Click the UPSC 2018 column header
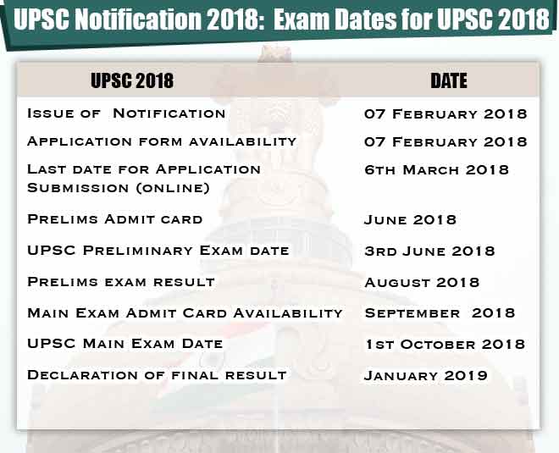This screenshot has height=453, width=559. click(131, 80)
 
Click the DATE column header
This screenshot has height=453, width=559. click(449, 80)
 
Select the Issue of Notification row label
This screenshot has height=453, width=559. click(126, 113)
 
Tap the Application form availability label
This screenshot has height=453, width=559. click(162, 141)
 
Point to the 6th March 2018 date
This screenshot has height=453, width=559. click(436, 169)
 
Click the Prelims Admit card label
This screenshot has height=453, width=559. click(115, 219)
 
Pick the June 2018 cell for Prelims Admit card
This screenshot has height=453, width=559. click(410, 220)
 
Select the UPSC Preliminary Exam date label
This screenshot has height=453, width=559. click(158, 251)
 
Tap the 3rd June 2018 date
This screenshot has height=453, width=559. click(441, 251)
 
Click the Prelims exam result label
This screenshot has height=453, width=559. click(121, 281)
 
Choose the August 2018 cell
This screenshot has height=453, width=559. click(422, 282)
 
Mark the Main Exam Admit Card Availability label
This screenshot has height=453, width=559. click(185, 312)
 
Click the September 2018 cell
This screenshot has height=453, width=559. click(440, 312)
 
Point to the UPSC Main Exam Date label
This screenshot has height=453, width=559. click(125, 344)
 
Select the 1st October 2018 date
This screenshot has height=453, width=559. click(445, 344)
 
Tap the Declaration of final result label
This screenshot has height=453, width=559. click(157, 374)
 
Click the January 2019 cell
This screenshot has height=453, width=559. click(425, 375)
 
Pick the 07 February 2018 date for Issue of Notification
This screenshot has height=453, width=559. click(446, 113)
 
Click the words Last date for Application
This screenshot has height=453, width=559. click(144, 168)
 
